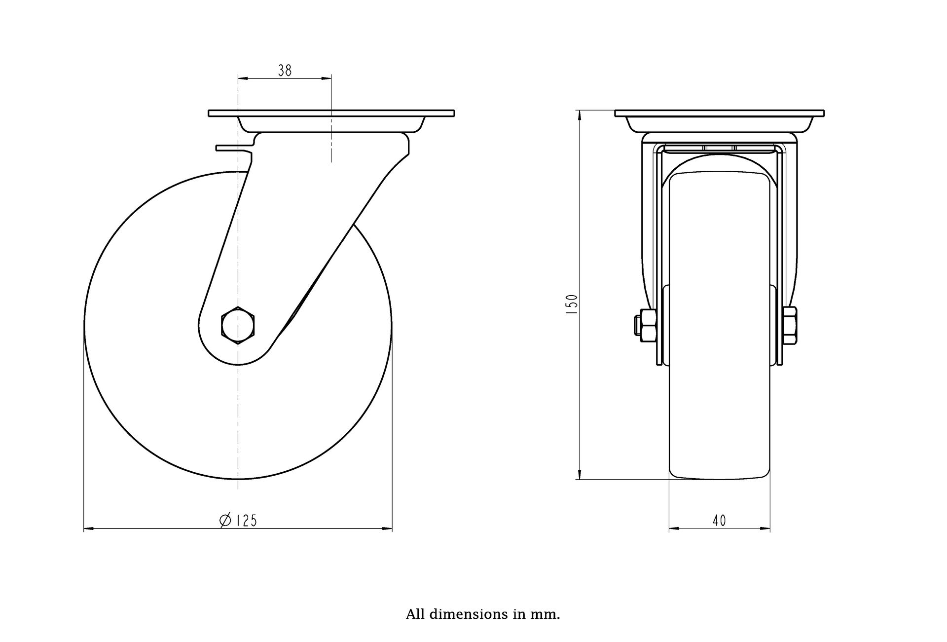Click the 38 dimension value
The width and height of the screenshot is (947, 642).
285,71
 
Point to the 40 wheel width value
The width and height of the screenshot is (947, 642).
720,521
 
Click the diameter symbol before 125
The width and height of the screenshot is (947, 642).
224,521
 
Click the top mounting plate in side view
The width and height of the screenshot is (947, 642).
331,113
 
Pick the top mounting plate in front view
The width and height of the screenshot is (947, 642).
720,113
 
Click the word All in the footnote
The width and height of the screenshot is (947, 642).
416,615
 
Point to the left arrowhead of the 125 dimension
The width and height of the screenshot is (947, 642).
88,529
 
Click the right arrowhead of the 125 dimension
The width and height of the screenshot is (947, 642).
388,529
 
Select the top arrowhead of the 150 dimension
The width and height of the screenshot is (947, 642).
579,115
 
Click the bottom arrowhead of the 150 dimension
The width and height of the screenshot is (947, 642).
579,474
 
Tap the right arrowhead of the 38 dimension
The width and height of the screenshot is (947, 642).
327,78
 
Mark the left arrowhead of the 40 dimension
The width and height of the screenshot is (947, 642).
674,529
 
